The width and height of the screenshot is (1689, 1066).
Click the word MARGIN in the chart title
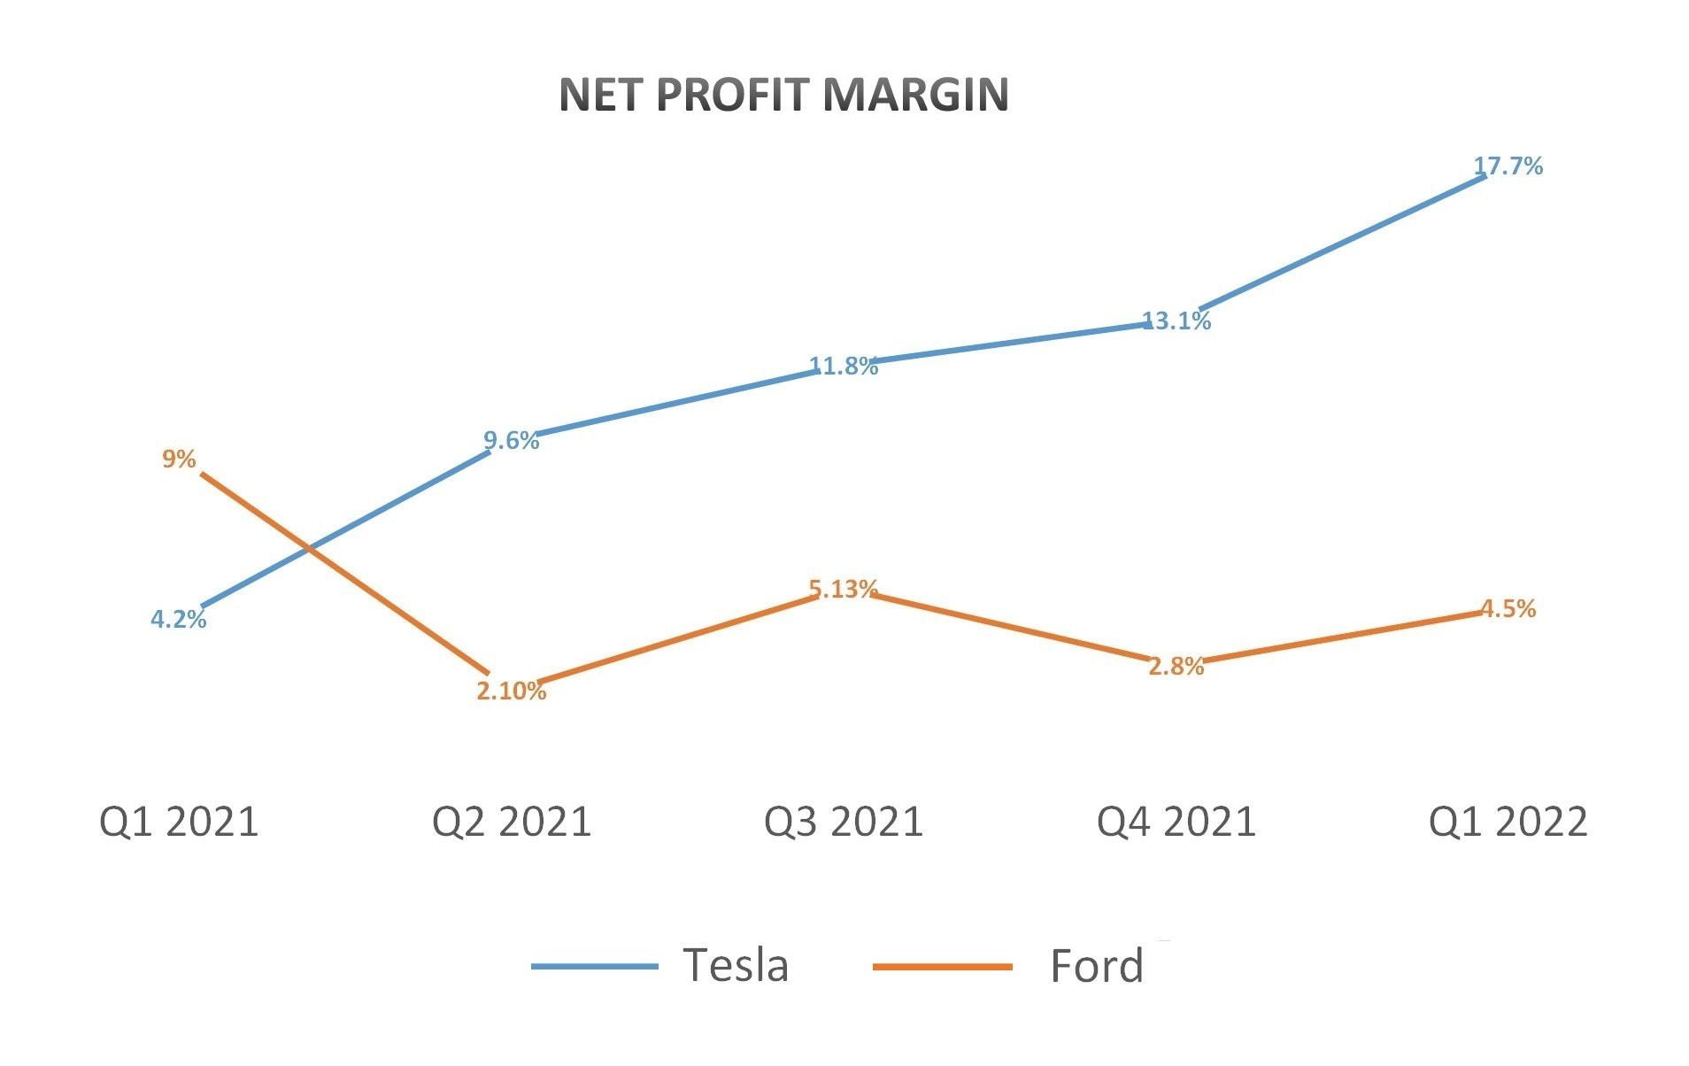pyautogui.click(x=915, y=95)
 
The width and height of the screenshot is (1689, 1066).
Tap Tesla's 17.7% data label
pyautogui.click(x=1508, y=166)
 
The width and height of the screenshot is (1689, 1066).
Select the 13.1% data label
pyautogui.click(x=1176, y=321)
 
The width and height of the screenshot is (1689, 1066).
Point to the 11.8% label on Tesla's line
pyautogui.click(x=844, y=366)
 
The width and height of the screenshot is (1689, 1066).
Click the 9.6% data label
pyautogui.click(x=511, y=440)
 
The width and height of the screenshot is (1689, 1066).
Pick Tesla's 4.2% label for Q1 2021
pyautogui.click(x=178, y=619)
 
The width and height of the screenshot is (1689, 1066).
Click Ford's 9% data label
pyautogui.click(x=178, y=459)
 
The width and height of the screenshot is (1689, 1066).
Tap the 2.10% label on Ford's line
pyautogui.click(x=511, y=691)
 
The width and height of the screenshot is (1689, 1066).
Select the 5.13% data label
pyautogui.click(x=843, y=589)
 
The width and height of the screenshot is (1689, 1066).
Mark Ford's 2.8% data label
pyautogui.click(x=1176, y=666)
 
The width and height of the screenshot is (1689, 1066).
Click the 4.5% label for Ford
pyautogui.click(x=1508, y=608)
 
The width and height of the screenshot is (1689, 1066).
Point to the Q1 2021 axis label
pyautogui.click(x=178, y=822)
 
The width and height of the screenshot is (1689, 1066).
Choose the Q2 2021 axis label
pyautogui.click(x=511, y=822)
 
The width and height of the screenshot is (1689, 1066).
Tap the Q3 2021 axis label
pyautogui.click(x=843, y=822)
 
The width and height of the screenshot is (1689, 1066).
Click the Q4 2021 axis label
pyautogui.click(x=1176, y=822)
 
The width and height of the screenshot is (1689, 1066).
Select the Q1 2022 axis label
pyautogui.click(x=1508, y=822)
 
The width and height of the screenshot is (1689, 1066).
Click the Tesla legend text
pyautogui.click(x=735, y=965)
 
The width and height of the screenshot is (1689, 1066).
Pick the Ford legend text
pyautogui.click(x=1096, y=966)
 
